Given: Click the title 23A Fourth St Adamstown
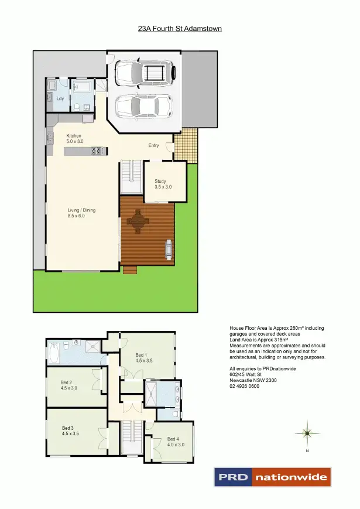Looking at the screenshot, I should click(180, 28).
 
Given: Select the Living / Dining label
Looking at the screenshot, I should click(81, 210).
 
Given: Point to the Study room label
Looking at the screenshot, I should click(160, 181).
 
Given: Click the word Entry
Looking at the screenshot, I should click(153, 145).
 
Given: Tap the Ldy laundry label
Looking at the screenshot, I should click(60, 98).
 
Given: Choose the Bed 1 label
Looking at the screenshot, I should click(141, 354).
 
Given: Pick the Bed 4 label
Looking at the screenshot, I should click(172, 439).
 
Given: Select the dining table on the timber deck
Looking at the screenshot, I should click(139, 223).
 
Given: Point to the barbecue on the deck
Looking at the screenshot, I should click(169, 250).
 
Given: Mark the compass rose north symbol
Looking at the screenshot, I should click(307, 433).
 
